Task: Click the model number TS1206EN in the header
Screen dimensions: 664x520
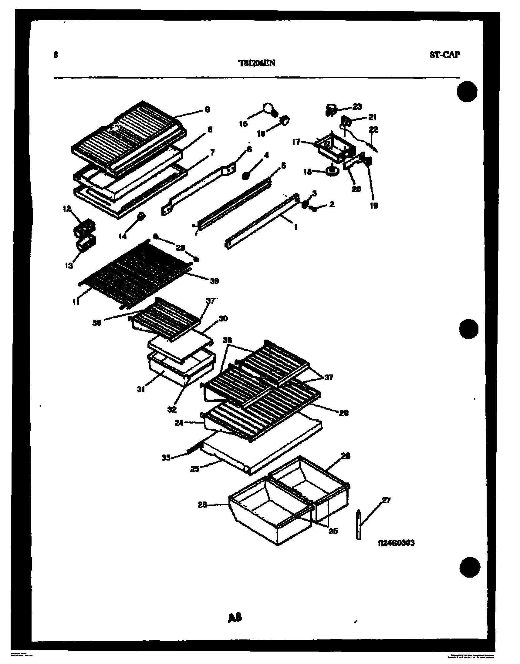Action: coord(257,63)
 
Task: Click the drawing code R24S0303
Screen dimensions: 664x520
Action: coord(396,543)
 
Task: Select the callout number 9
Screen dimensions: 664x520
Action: coord(207,109)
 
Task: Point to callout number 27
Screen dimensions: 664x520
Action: coord(386,500)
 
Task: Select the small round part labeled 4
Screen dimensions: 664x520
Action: coord(245,176)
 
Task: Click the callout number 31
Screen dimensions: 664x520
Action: coord(141,389)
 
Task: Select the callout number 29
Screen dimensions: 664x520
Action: coord(344,413)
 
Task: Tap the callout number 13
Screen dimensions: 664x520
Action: coord(69,266)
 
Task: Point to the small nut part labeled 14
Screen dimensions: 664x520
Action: coord(141,217)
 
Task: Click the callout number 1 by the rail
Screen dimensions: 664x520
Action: coord(295,227)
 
